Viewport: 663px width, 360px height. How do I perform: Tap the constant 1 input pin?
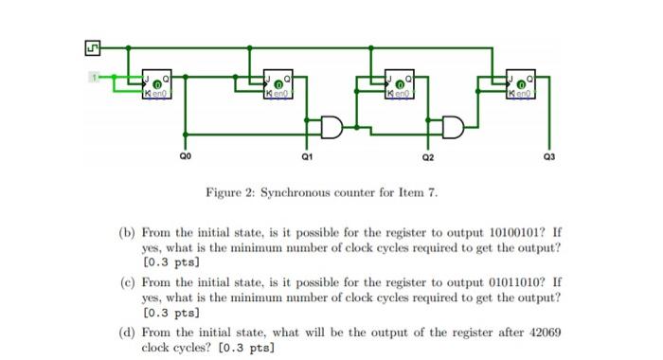point(96,76)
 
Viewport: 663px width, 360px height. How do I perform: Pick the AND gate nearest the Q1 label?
point(333,125)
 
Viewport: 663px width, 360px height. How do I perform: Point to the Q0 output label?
point(185,153)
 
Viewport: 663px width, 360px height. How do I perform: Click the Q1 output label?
point(306,153)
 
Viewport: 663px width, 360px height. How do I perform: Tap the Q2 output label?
point(429,153)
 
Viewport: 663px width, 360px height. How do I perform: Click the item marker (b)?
point(126,230)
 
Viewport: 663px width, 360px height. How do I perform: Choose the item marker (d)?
point(126,334)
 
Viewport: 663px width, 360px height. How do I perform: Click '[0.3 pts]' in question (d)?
point(246,348)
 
